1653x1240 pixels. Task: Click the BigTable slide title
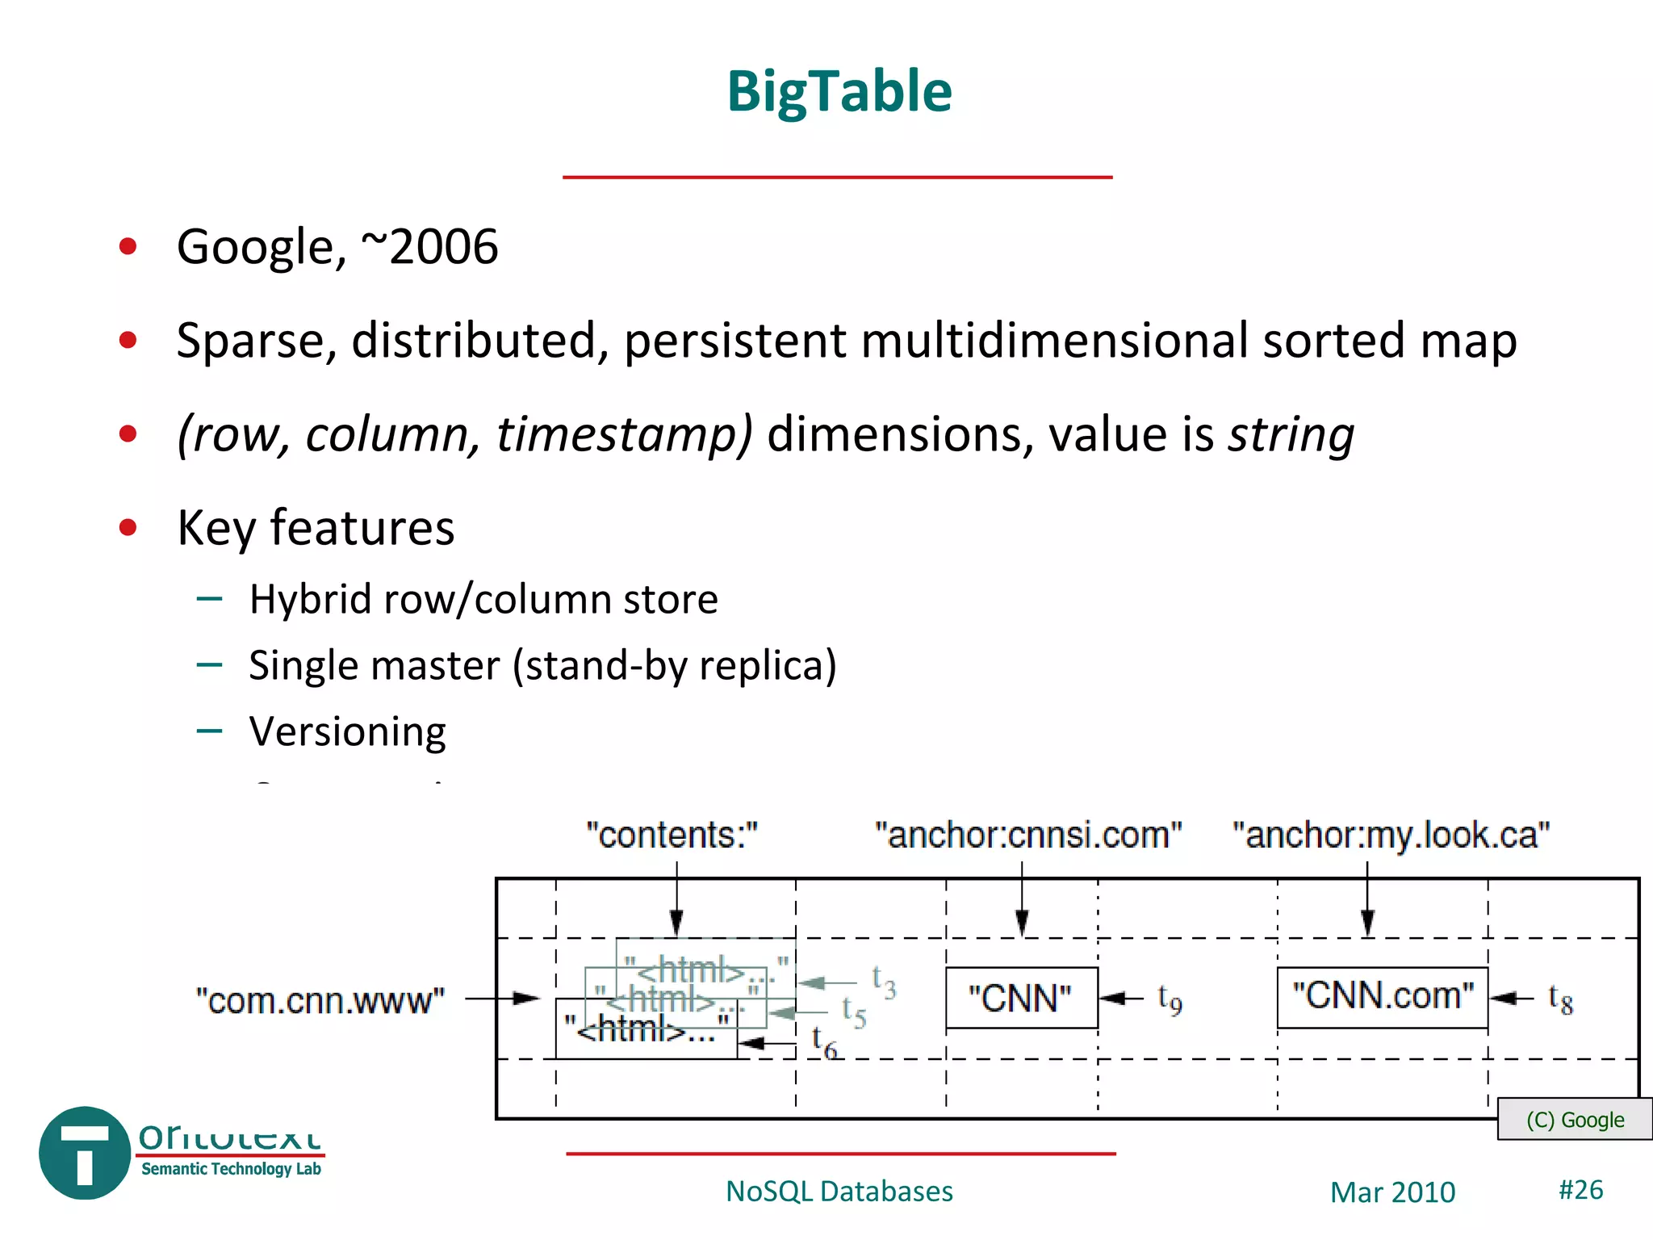[x=839, y=91]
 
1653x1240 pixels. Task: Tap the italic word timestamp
[x=623, y=434]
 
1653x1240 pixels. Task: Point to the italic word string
[x=1291, y=434]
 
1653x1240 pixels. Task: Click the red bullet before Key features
[x=128, y=528]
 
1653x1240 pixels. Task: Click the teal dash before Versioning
[x=209, y=731]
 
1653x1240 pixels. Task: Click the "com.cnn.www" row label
[x=320, y=1001]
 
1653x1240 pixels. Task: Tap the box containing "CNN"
[x=1021, y=999]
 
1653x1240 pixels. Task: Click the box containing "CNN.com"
[x=1382, y=997]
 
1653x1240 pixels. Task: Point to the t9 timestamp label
[x=1170, y=999]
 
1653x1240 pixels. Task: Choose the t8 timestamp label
[x=1560, y=999]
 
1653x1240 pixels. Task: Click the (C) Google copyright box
[x=1574, y=1120]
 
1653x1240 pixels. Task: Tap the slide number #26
[x=1580, y=1190]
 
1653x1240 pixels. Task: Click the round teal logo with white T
[x=85, y=1153]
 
